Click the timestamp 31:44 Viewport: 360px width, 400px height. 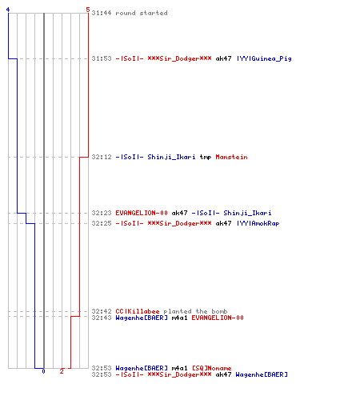102,13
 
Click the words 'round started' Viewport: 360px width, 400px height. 142,13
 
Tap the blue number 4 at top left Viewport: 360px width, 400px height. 8,10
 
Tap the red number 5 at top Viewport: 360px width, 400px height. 88,10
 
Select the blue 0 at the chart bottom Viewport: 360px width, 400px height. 43,371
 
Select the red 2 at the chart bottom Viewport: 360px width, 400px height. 62,371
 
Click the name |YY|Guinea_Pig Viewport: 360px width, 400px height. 264,58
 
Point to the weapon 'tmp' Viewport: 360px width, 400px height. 206,157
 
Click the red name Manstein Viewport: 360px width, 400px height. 231,157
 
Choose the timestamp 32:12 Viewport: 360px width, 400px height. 102,157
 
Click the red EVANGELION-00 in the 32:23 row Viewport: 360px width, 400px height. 142,213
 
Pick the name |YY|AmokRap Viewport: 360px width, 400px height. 258,223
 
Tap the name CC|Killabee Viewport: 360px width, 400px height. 138,311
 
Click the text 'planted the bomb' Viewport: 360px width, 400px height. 195,311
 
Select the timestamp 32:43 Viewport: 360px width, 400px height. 102,318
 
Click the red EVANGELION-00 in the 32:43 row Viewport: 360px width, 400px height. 218,318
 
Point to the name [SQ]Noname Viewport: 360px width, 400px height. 212,368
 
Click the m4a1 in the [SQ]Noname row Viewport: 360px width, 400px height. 179,368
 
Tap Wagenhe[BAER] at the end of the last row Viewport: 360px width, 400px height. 262,374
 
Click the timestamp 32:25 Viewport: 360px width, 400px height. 102,223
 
